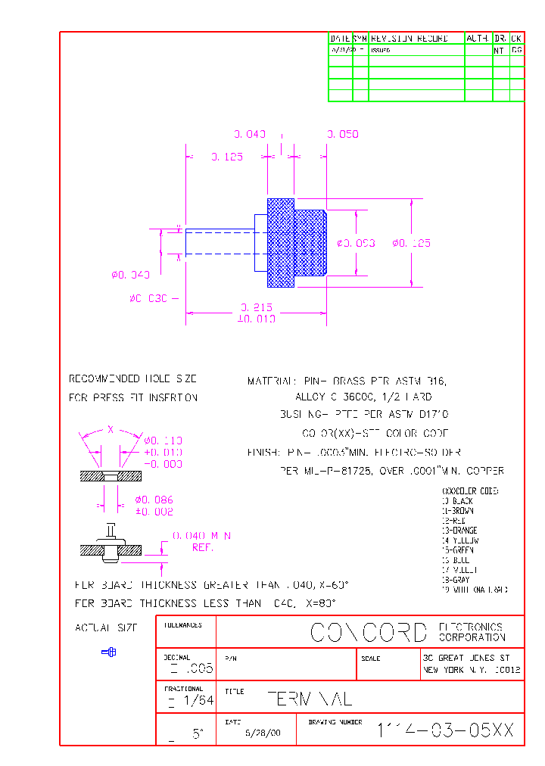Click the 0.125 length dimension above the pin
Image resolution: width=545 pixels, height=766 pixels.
(x=226, y=157)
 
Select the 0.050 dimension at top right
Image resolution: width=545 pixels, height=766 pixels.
(x=343, y=134)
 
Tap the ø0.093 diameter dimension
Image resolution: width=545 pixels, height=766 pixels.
(x=356, y=243)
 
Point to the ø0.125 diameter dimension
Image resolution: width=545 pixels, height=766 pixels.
(x=411, y=243)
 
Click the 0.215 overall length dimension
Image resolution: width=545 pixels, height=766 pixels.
(x=257, y=308)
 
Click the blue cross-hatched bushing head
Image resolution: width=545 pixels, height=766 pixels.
(x=281, y=242)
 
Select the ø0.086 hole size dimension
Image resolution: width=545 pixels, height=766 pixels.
(x=154, y=500)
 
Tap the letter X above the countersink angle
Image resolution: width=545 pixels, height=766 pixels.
(x=111, y=429)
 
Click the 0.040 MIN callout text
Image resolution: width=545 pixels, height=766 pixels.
(x=201, y=536)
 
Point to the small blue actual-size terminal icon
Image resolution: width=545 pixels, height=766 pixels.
(x=109, y=652)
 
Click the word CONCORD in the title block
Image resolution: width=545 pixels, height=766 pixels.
(x=369, y=632)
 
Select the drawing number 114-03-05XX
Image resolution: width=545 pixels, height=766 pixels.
(x=446, y=730)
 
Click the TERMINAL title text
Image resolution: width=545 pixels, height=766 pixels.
(x=310, y=699)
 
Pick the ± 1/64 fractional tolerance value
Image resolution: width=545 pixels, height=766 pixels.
(x=190, y=702)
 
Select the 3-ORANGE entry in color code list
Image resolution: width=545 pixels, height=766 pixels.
(x=460, y=531)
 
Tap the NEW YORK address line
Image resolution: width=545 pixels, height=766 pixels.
(x=472, y=670)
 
